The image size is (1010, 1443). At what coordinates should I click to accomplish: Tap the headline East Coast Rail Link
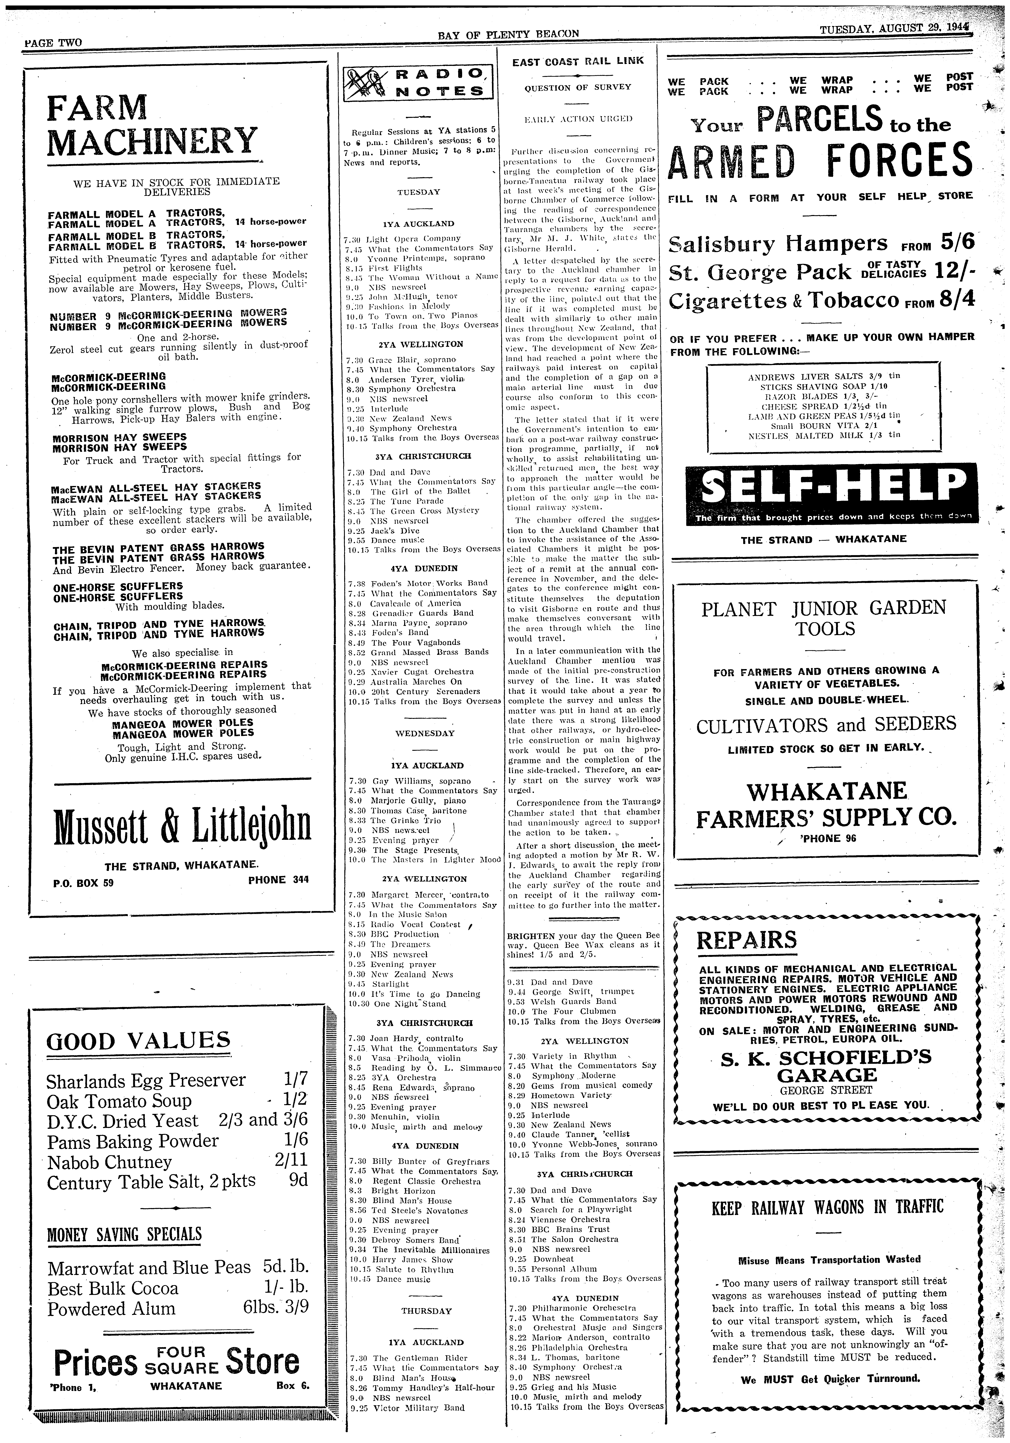pyautogui.click(x=578, y=61)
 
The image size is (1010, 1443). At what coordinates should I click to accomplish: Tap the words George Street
pyautogui.click(x=826, y=1090)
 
